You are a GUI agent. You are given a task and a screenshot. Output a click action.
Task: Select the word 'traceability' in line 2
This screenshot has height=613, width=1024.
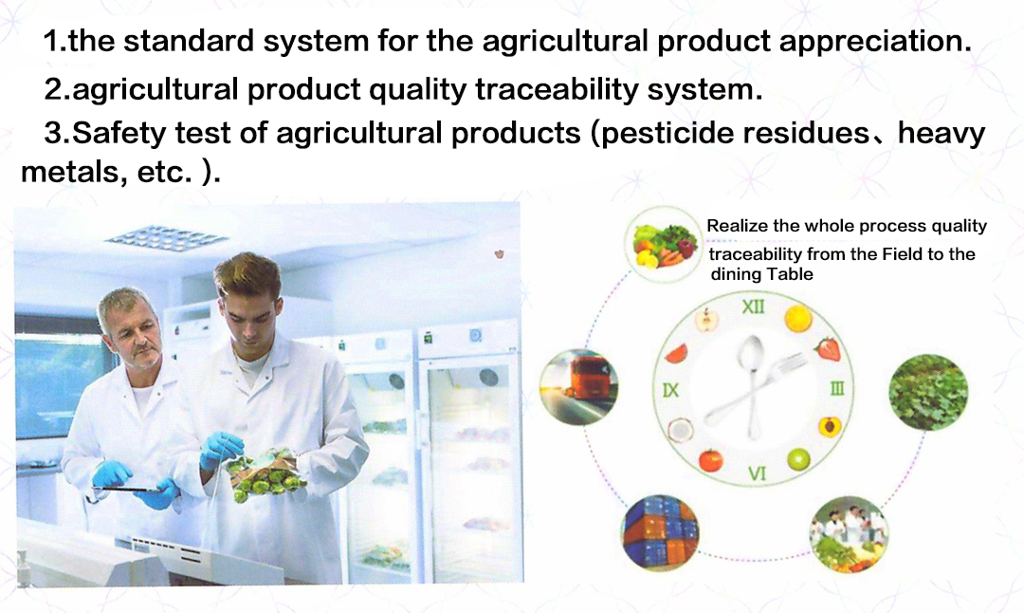point(557,90)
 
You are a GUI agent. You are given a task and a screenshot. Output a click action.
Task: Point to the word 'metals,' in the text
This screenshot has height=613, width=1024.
point(74,172)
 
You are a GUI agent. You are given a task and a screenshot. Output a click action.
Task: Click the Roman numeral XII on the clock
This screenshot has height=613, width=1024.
point(753,306)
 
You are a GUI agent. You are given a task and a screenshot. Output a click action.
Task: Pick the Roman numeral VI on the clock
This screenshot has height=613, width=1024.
point(757,473)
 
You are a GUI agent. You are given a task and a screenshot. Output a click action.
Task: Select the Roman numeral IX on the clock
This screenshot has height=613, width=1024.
point(670,390)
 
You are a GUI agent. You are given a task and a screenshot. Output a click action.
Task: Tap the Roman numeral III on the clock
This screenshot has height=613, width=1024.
point(837,389)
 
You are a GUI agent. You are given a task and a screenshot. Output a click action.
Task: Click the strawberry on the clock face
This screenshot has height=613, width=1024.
point(828,348)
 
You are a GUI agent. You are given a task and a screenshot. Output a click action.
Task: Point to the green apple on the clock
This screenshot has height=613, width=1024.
point(798,459)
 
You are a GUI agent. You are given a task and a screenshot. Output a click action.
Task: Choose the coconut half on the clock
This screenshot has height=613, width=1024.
point(680,430)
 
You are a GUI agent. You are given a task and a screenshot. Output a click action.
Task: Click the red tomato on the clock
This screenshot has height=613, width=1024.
point(710,460)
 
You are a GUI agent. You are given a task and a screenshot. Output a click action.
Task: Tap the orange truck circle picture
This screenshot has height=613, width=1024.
point(578,387)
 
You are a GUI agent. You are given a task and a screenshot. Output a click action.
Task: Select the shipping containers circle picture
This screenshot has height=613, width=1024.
point(660,532)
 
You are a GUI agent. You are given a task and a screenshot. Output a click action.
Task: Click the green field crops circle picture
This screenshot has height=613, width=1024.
point(928,392)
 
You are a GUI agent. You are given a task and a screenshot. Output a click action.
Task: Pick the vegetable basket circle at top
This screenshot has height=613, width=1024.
point(663,245)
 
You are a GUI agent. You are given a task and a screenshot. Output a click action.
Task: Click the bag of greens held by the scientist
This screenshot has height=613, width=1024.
point(266,474)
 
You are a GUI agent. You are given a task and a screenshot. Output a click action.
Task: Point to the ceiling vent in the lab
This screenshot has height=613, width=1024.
point(167,238)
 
